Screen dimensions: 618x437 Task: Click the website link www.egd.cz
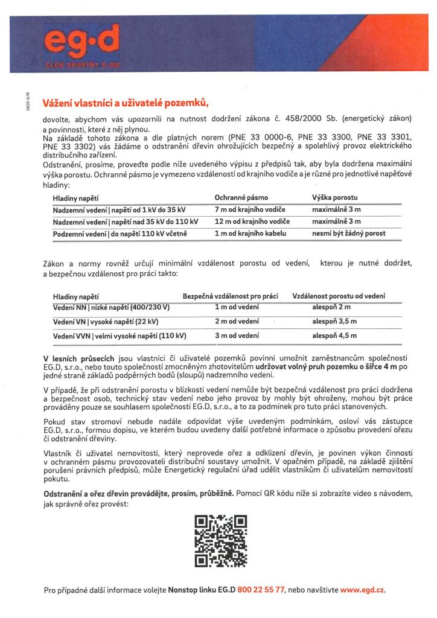pyautogui.click(x=362, y=589)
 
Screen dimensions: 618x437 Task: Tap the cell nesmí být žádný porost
pyautogui.click(x=348, y=233)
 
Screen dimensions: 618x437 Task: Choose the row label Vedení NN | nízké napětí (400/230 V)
pyautogui.click(x=112, y=308)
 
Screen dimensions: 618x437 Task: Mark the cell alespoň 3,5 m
pyautogui.click(x=334, y=322)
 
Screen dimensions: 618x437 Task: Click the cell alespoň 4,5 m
pyautogui.click(x=334, y=335)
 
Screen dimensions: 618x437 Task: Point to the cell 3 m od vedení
pyautogui.click(x=237, y=335)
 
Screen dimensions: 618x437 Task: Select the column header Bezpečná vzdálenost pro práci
pyautogui.click(x=230, y=296)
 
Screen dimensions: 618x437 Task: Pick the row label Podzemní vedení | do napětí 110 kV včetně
pyautogui.click(x=121, y=233)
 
